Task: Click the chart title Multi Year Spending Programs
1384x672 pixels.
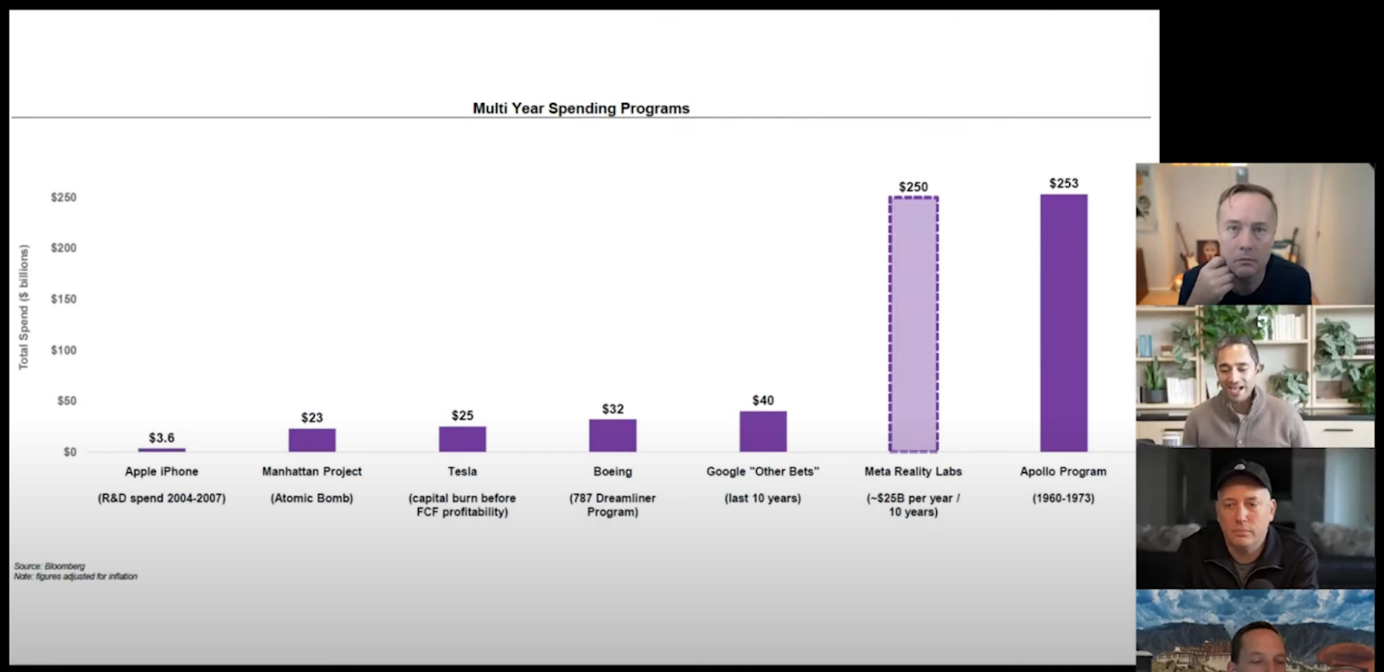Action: click(580, 108)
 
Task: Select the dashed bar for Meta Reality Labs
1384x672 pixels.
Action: click(913, 324)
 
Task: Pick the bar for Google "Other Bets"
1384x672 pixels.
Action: click(763, 432)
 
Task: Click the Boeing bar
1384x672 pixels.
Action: click(612, 435)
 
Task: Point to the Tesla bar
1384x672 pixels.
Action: click(462, 438)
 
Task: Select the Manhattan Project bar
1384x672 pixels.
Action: click(312, 439)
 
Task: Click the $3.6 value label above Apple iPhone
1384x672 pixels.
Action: click(162, 438)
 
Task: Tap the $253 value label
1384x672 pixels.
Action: click(1063, 183)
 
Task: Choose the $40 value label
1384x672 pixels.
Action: click(763, 400)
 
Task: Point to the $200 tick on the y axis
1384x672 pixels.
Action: click(63, 248)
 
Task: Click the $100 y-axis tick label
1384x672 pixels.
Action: click(63, 350)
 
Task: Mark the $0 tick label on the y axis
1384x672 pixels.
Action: click(69, 451)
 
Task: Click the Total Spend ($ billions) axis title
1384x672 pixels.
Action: click(24, 307)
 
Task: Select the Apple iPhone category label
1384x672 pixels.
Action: click(162, 471)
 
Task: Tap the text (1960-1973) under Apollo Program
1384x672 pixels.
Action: click(1063, 498)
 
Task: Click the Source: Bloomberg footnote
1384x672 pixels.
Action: click(49, 566)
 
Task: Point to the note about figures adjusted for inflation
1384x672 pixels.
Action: click(75, 576)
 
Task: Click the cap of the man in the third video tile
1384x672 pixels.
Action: click(1242, 475)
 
